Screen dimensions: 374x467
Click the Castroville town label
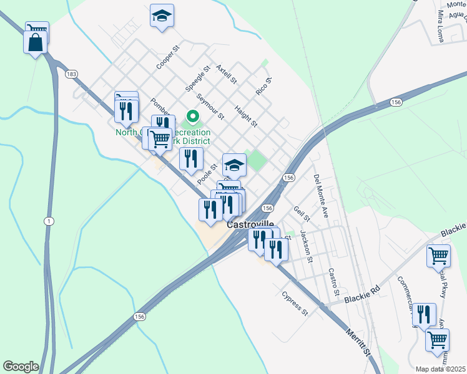pyautogui.click(x=250, y=224)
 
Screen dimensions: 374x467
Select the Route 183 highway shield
pyautogui.click(x=71, y=74)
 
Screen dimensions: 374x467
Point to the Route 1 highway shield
pyautogui.click(x=48, y=221)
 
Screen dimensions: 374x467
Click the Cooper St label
pyautogui.click(x=168, y=57)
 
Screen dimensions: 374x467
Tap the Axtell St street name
pyautogui.click(x=226, y=74)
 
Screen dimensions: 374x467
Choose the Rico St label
pyautogui.click(x=264, y=86)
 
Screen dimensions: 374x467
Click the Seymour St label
pyautogui.click(x=210, y=106)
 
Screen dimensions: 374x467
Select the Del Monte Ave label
pyautogui.click(x=321, y=195)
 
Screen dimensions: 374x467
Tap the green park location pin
pyautogui.click(x=193, y=117)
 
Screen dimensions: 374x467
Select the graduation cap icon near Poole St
pyautogui.click(x=234, y=165)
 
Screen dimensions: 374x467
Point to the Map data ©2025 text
pyautogui.click(x=441, y=369)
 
